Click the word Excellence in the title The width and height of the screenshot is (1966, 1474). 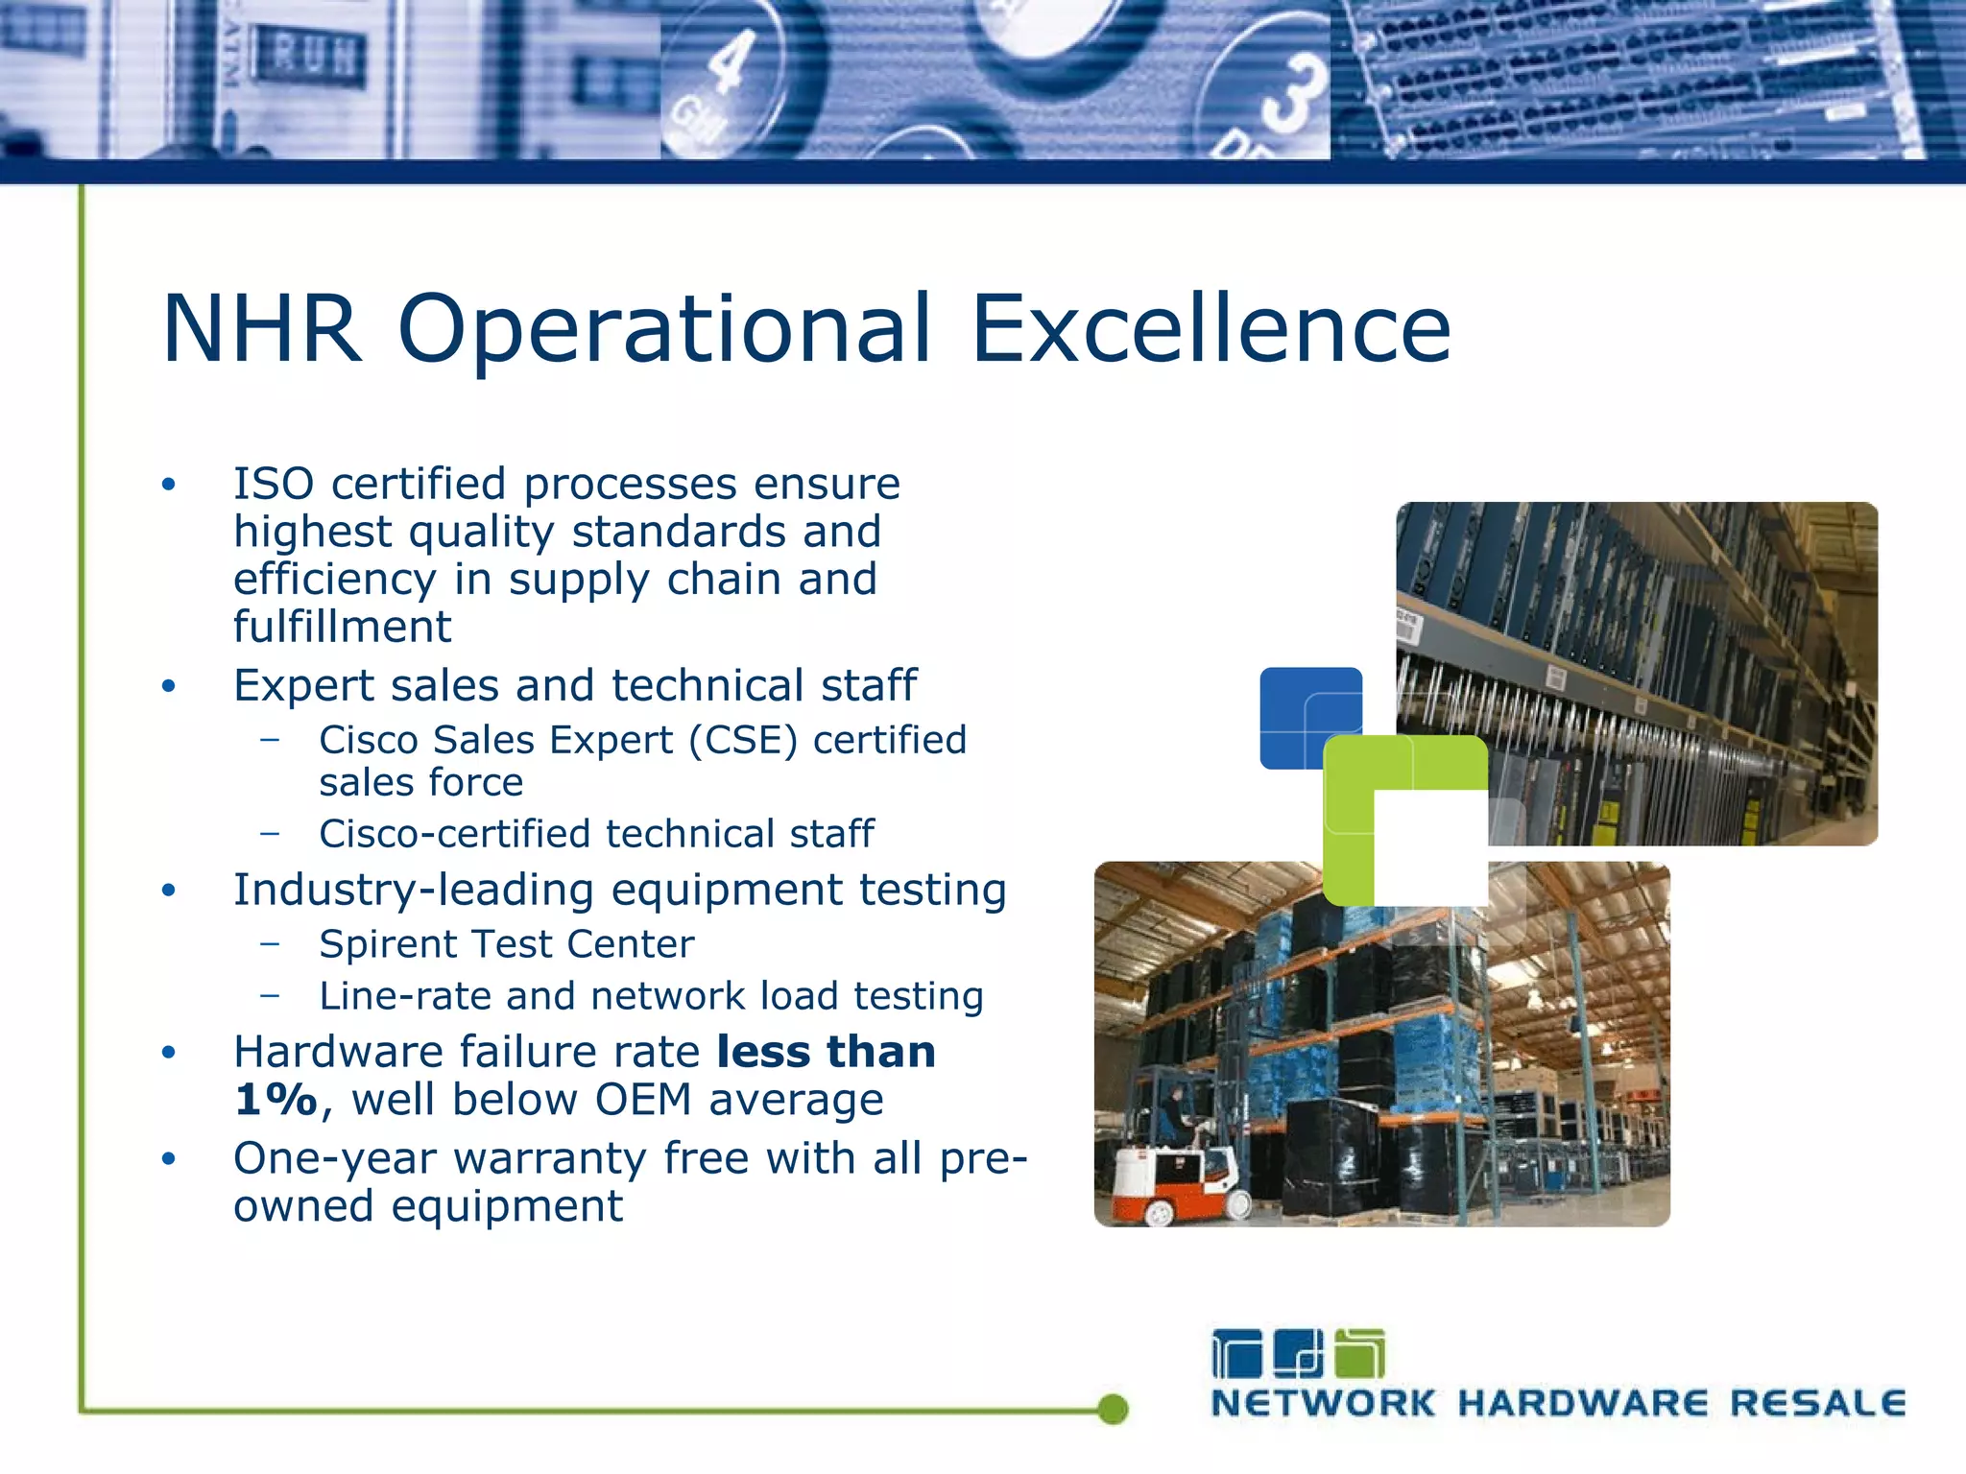[1211, 328]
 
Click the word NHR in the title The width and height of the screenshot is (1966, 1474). [262, 328]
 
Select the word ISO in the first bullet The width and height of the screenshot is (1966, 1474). [274, 484]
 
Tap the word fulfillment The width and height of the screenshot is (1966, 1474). [342, 628]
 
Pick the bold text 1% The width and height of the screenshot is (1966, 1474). [276, 1100]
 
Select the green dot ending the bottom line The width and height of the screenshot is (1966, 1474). [1113, 1409]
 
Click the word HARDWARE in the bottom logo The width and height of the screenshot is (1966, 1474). [1583, 1404]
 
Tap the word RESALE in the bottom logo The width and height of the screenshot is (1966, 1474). [1817, 1404]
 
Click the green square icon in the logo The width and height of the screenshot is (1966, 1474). [1360, 1354]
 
